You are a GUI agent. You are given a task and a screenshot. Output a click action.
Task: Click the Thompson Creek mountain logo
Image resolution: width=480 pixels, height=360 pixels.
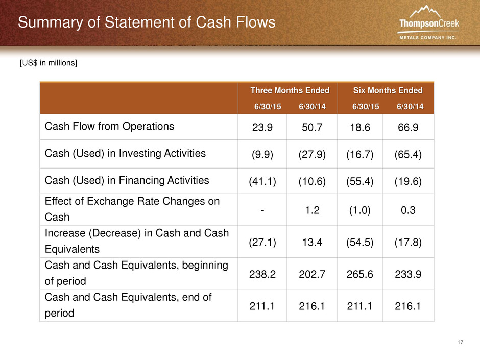click(428, 22)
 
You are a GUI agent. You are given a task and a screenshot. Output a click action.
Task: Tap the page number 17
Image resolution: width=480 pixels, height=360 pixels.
click(460, 342)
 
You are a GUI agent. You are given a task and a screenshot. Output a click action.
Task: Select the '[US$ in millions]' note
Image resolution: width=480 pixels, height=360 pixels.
click(49, 63)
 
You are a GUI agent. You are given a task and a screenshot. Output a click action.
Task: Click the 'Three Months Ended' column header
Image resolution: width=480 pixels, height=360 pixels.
click(290, 90)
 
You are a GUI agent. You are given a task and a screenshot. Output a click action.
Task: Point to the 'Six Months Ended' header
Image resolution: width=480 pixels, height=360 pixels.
click(388, 90)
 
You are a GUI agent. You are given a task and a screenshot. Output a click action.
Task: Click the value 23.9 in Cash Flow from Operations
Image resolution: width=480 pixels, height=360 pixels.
click(262, 127)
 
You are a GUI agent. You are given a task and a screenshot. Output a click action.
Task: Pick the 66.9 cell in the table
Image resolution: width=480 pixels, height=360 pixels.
click(408, 127)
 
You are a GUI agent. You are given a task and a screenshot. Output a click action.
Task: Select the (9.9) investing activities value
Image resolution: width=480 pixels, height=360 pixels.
click(262, 154)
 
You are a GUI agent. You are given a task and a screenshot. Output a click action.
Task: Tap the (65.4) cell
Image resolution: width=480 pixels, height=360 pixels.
click(408, 154)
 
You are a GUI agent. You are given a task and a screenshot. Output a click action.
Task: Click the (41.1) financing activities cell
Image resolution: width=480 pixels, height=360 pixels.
click(262, 181)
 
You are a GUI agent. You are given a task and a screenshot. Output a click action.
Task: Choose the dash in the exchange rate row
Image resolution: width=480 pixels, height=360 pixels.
click(262, 210)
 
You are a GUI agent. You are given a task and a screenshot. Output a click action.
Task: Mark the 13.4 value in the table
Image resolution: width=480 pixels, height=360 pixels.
click(312, 242)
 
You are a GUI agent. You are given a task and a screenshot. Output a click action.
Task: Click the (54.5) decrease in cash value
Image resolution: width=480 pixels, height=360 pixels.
click(359, 243)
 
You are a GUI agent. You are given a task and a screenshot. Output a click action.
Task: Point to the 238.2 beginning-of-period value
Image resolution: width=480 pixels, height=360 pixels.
click(262, 274)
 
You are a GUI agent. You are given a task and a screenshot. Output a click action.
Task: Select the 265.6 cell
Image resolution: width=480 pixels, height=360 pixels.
click(359, 274)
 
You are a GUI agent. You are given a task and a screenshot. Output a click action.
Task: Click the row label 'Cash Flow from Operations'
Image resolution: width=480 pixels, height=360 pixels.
click(109, 126)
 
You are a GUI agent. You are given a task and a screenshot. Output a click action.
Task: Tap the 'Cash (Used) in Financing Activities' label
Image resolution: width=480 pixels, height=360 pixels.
click(127, 180)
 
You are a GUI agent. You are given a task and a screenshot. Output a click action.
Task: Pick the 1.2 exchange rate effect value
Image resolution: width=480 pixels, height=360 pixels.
click(312, 210)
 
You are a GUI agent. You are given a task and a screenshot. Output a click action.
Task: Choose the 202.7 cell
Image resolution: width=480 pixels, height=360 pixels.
click(312, 274)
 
